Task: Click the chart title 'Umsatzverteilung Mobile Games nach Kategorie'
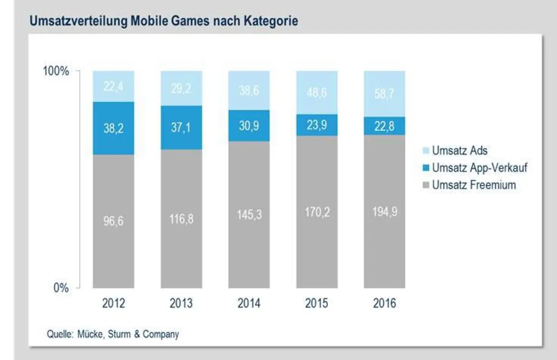pyautogui.click(x=164, y=21)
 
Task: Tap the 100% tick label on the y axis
pyautogui.click(x=56, y=71)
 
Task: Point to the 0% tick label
pyautogui.click(x=61, y=288)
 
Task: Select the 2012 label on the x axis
pyautogui.click(x=114, y=303)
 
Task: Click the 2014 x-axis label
pyautogui.click(x=249, y=303)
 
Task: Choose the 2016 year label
pyautogui.click(x=384, y=303)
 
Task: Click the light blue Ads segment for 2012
pyautogui.click(x=114, y=86)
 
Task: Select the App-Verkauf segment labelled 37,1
pyautogui.click(x=181, y=128)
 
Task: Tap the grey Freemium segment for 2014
pyautogui.click(x=249, y=215)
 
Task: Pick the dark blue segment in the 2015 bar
pyautogui.click(x=317, y=125)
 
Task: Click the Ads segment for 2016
pyautogui.click(x=384, y=94)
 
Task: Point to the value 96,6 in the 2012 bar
pyautogui.click(x=113, y=221)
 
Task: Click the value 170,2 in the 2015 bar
pyautogui.click(x=317, y=212)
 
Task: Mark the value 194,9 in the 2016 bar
pyautogui.click(x=385, y=212)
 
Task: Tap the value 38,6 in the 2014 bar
pyautogui.click(x=249, y=90)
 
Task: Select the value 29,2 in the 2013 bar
pyautogui.click(x=181, y=89)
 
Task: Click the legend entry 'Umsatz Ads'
pyautogui.click(x=455, y=150)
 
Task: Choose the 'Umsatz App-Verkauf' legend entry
pyautogui.click(x=475, y=167)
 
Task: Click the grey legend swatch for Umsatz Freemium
pyautogui.click(x=426, y=185)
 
